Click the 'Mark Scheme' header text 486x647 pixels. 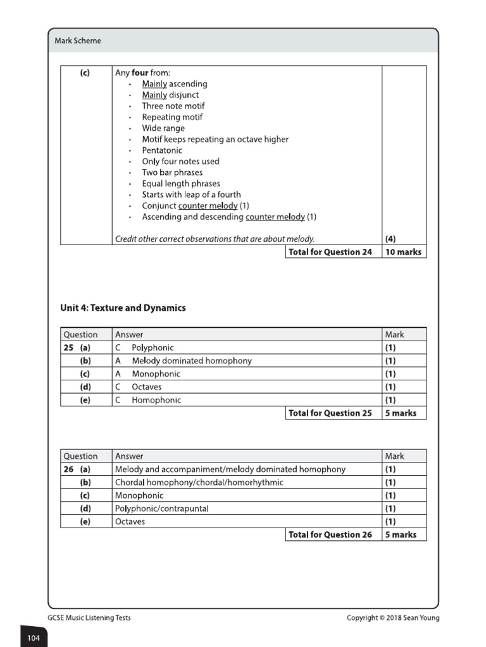78,41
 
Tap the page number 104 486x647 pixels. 34,638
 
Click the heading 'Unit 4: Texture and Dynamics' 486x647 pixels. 123,308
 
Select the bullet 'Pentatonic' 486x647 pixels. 162,150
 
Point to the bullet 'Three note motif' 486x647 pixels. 173,106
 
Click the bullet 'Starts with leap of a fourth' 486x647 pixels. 191,195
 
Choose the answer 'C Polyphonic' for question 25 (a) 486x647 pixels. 144,348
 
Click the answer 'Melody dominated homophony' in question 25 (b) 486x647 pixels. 191,361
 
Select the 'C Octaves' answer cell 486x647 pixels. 139,387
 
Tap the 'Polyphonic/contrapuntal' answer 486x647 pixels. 161,508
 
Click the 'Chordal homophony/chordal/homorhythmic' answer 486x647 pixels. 199,482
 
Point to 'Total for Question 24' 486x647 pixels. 330,252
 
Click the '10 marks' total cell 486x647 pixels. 403,252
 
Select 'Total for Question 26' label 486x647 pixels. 330,535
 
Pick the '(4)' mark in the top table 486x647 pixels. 391,239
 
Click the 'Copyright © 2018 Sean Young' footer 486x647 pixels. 392,617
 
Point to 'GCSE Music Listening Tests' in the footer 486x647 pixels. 89,617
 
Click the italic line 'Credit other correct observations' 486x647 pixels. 215,239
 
